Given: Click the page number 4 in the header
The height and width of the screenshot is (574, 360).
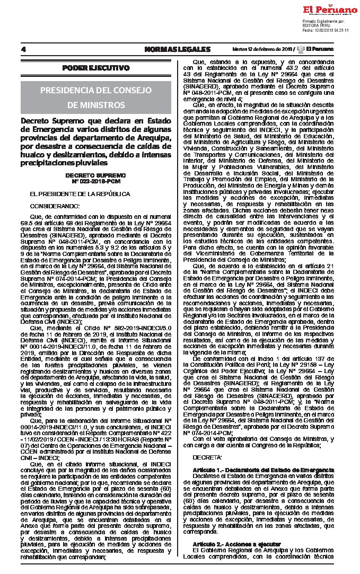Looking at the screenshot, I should (23, 49).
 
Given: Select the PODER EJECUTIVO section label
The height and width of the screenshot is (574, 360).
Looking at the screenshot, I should (96, 68).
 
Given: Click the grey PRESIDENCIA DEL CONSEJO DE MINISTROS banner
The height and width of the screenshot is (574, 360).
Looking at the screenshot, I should (96, 96).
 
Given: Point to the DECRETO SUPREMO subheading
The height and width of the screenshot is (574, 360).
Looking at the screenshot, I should (96, 174).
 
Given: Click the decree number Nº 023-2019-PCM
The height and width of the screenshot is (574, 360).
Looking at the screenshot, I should (96, 180).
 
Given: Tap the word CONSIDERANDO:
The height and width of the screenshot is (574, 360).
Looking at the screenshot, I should (55, 205).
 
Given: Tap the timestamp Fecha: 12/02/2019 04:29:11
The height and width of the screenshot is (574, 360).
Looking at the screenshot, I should (326, 30).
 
